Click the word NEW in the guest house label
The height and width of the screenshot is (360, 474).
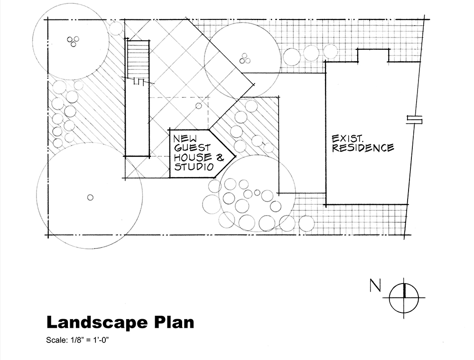(x=185, y=139)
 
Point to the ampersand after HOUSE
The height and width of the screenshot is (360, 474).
(x=220, y=157)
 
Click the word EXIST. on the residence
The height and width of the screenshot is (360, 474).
(x=347, y=139)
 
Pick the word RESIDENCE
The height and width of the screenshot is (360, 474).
(x=363, y=148)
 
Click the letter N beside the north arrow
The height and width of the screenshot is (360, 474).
(x=375, y=285)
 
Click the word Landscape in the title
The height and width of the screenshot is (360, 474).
(x=97, y=322)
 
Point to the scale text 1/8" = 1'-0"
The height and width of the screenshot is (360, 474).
(x=90, y=340)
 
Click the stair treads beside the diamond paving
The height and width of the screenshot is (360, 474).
(x=139, y=59)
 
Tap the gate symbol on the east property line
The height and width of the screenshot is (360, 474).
(x=414, y=120)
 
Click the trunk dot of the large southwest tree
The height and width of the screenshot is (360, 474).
(x=90, y=198)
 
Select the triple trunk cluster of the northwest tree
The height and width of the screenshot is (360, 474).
(x=73, y=41)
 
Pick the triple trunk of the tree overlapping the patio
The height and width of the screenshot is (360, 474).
(x=245, y=58)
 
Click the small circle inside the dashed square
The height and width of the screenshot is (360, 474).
(x=198, y=106)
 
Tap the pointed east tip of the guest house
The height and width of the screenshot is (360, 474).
(x=235, y=156)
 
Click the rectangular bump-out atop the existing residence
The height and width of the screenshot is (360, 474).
(x=373, y=55)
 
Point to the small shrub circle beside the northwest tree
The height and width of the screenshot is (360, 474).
(x=115, y=28)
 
